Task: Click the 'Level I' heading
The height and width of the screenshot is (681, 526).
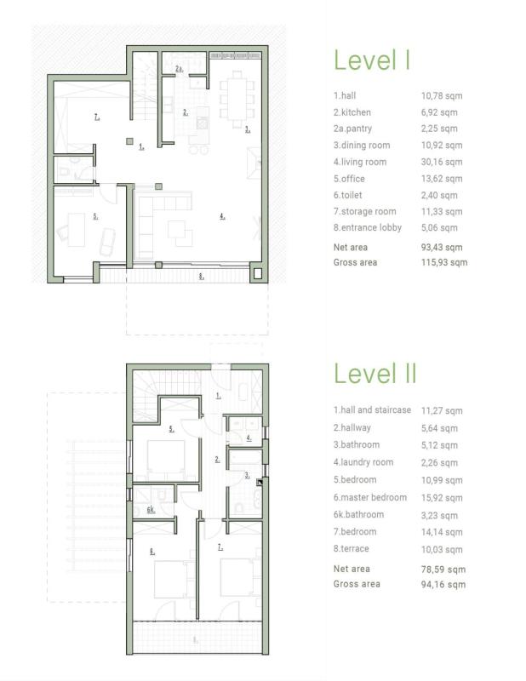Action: tap(372, 60)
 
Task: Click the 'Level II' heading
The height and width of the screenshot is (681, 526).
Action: tap(375, 373)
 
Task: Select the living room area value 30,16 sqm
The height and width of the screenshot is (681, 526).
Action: tap(442, 162)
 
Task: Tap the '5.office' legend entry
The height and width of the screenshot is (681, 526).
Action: tap(349, 179)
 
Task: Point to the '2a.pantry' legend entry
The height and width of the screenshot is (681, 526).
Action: tap(352, 129)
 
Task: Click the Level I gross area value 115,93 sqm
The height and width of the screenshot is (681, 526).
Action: tap(444, 262)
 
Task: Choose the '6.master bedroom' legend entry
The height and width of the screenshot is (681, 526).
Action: tap(370, 497)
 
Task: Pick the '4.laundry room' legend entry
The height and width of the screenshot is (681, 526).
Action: tap(363, 462)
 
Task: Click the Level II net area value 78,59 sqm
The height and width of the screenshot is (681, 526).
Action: tap(443, 569)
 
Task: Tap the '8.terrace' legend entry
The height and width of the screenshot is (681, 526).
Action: tap(351, 548)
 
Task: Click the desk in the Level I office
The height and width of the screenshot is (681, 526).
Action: tap(77, 230)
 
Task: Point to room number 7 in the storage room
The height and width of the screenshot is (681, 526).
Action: tap(97, 117)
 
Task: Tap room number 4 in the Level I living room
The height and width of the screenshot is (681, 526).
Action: tap(222, 216)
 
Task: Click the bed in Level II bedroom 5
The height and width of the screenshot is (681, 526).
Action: tap(166, 457)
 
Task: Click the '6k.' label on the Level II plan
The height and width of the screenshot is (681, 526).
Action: tap(151, 510)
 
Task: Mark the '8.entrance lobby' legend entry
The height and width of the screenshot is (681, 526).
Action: tap(368, 227)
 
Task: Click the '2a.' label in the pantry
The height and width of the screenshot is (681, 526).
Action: tap(179, 69)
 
